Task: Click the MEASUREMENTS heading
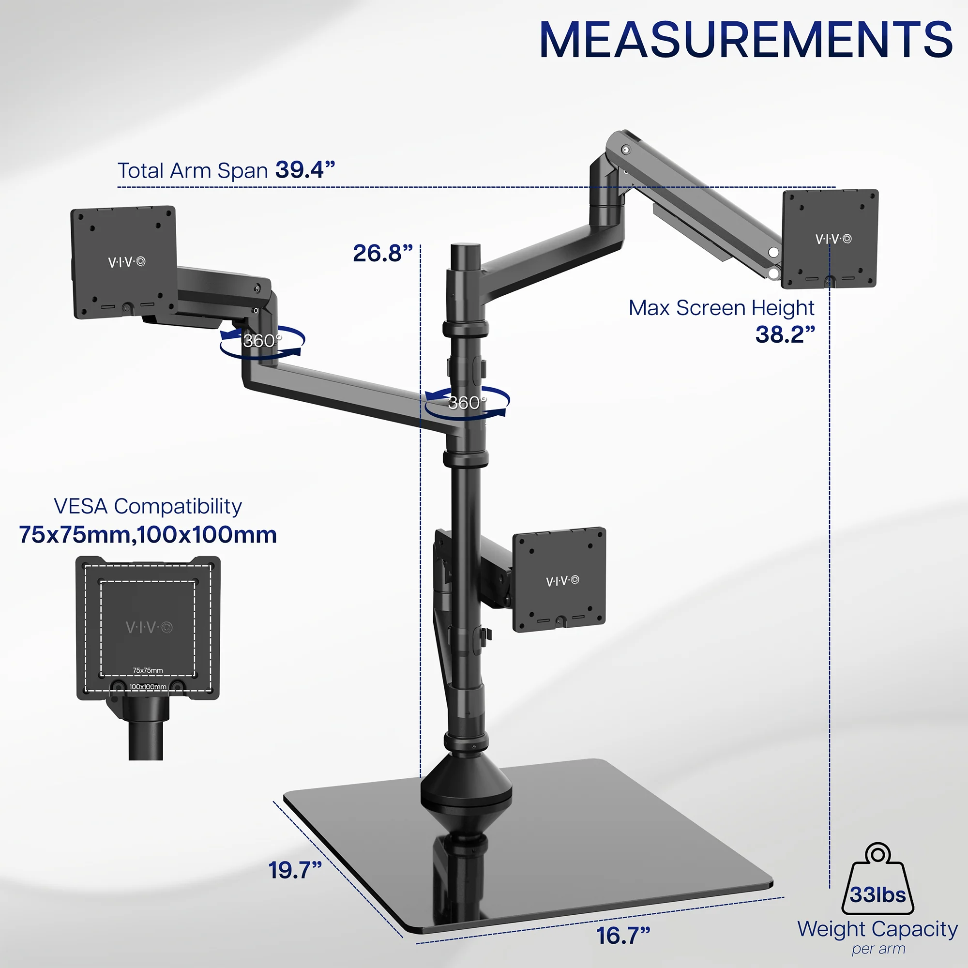coord(745,40)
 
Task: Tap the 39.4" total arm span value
coord(304,170)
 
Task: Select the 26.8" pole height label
coord(382,253)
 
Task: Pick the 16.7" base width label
coord(623,936)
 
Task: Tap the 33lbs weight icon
coord(878,881)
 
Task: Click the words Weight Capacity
coord(877,929)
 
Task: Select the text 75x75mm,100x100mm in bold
coord(148,535)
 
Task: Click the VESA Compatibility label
coord(148,506)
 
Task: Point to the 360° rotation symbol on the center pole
coord(467,403)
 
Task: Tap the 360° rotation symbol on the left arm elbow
coord(261,341)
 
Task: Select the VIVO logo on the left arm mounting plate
coord(127,262)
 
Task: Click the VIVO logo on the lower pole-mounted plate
coord(562,581)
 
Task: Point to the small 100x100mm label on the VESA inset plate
coord(148,687)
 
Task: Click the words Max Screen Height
coord(721,308)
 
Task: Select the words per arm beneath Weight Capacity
coord(878,950)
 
